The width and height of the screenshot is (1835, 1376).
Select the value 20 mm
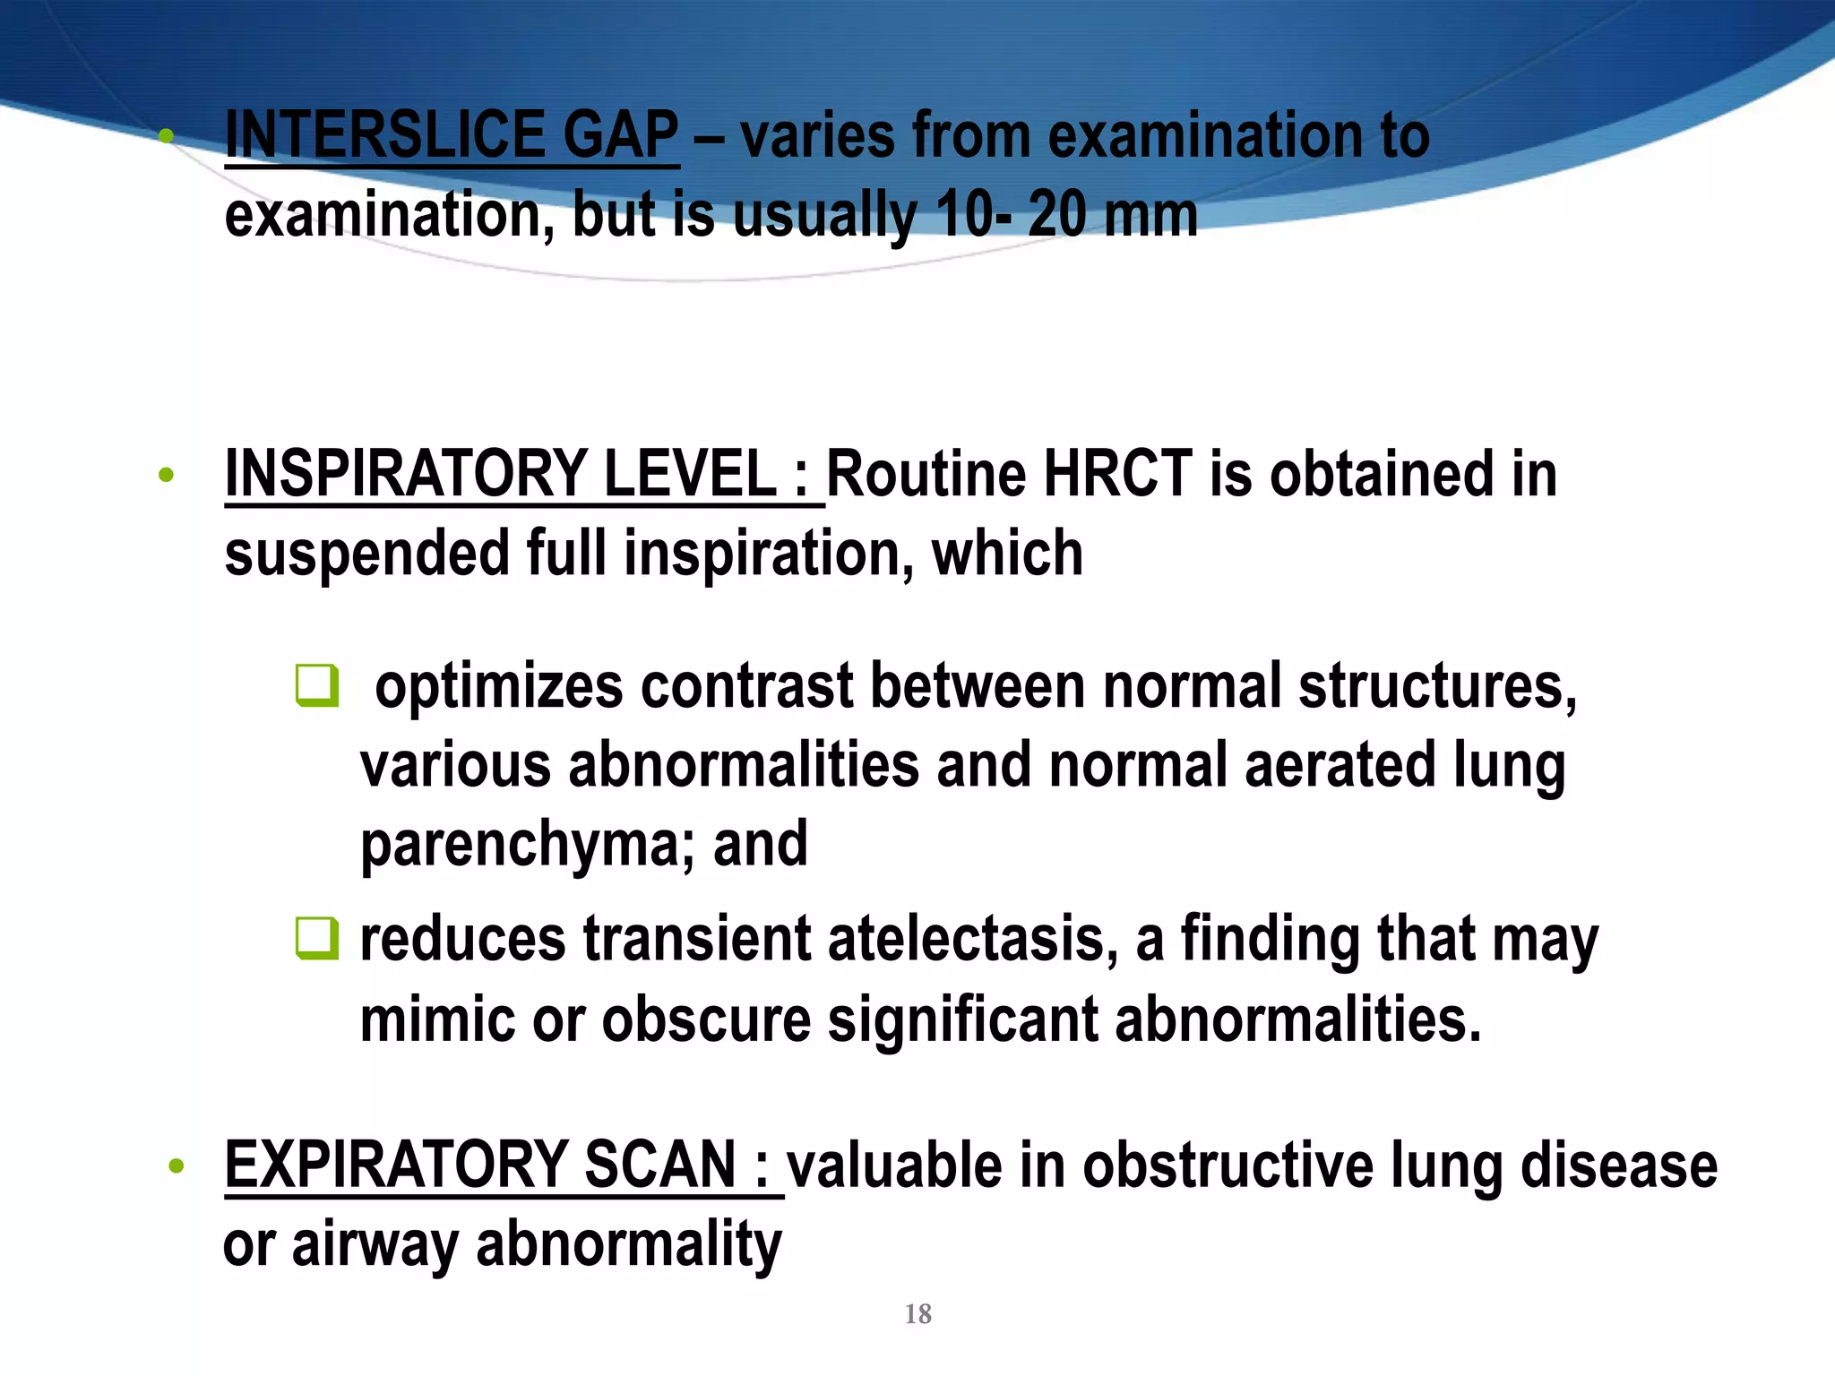[1112, 215]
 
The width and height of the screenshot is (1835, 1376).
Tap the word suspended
[367, 553]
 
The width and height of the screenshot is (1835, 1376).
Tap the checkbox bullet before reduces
[317, 938]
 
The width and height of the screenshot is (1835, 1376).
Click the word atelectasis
[973, 939]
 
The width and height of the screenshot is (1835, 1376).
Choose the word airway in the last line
[375, 1244]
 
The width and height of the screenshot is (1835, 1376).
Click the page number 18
[918, 1314]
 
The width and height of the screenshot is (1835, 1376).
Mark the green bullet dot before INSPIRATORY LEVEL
[166, 476]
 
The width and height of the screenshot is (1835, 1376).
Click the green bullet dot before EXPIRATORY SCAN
[177, 1166]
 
